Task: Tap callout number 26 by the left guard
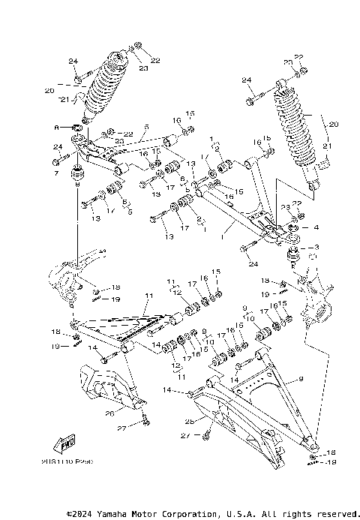click(109, 411)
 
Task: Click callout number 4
click(316, 227)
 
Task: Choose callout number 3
click(316, 247)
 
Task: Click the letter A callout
click(56, 128)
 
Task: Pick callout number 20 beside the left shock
click(49, 91)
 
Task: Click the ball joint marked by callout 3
click(292, 257)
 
